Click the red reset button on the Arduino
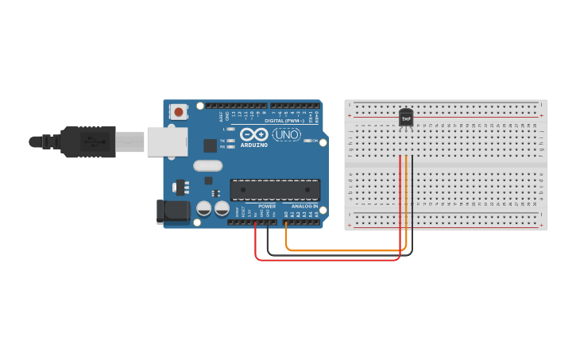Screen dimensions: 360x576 tap(178, 112)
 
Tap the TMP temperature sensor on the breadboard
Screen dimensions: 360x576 tap(406, 118)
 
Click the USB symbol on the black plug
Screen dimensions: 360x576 tap(92, 142)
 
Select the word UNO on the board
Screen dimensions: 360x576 tap(287, 134)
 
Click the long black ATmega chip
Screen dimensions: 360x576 tap(275, 189)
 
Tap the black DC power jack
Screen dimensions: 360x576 tap(174, 211)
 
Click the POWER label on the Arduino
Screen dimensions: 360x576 tap(266, 206)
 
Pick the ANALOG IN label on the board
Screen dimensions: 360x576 tap(303, 206)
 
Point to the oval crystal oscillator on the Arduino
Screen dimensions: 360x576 tap(207, 166)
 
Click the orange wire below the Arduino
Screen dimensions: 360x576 tap(342, 250)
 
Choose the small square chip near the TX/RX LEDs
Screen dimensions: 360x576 tap(211, 145)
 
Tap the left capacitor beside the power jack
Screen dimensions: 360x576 tap(204, 209)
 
